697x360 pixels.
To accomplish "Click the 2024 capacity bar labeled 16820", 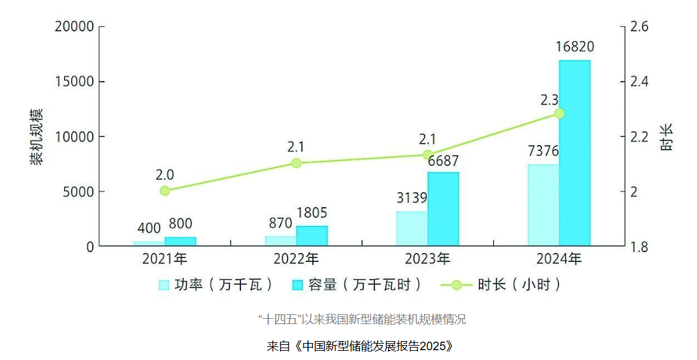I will click(x=574, y=153).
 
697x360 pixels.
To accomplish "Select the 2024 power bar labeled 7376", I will click(x=543, y=205).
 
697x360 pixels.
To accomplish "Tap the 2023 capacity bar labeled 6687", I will click(x=443, y=209).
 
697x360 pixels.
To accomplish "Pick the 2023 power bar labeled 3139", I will click(x=412, y=229).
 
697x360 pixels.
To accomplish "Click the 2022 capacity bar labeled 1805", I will click(x=312, y=236).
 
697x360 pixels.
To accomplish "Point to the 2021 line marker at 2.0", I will click(x=165, y=191).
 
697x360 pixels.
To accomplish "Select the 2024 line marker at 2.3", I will click(x=559, y=113).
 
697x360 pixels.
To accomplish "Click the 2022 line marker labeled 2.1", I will click(x=296, y=163).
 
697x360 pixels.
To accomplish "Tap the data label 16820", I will click(x=575, y=47).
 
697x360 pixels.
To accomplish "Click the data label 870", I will click(x=280, y=223).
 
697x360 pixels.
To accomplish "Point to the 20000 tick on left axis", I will click(x=75, y=27).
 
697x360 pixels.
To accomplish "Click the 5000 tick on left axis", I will click(x=79, y=192).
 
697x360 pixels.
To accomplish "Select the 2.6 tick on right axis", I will click(x=639, y=27).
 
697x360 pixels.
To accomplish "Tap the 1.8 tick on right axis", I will click(x=639, y=247).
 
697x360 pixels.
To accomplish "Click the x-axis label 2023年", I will click(x=427, y=259).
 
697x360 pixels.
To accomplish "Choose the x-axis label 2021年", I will click(x=165, y=259).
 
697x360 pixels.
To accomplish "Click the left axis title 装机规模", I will click(x=37, y=137).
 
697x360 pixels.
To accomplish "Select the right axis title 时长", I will click(x=666, y=137).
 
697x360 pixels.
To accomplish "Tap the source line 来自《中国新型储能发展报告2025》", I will click(x=360, y=346).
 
